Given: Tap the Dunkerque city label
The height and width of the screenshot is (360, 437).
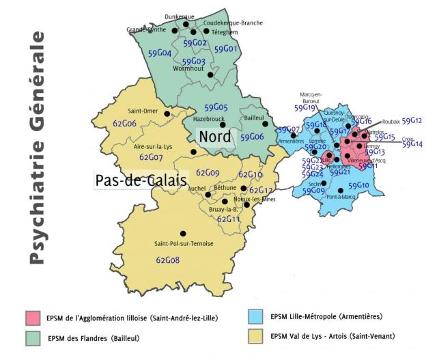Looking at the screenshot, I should (180, 16).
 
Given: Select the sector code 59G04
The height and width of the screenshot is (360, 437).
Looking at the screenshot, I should (159, 53).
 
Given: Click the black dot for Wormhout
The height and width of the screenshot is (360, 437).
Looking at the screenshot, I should (210, 76).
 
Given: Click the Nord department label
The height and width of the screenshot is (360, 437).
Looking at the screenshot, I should (214, 136).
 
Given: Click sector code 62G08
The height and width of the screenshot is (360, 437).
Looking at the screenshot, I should (167, 260).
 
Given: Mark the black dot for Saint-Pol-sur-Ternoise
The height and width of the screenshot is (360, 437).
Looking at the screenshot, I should (182, 234).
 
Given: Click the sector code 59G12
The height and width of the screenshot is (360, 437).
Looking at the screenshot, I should (412, 121).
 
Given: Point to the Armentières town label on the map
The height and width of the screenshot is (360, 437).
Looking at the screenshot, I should (290, 141).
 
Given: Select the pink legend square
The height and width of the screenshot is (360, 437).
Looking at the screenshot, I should (32, 318).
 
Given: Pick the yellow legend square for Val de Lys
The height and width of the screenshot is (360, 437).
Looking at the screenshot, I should (255, 336).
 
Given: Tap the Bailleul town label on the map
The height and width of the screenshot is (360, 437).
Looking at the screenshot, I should (254, 117).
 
